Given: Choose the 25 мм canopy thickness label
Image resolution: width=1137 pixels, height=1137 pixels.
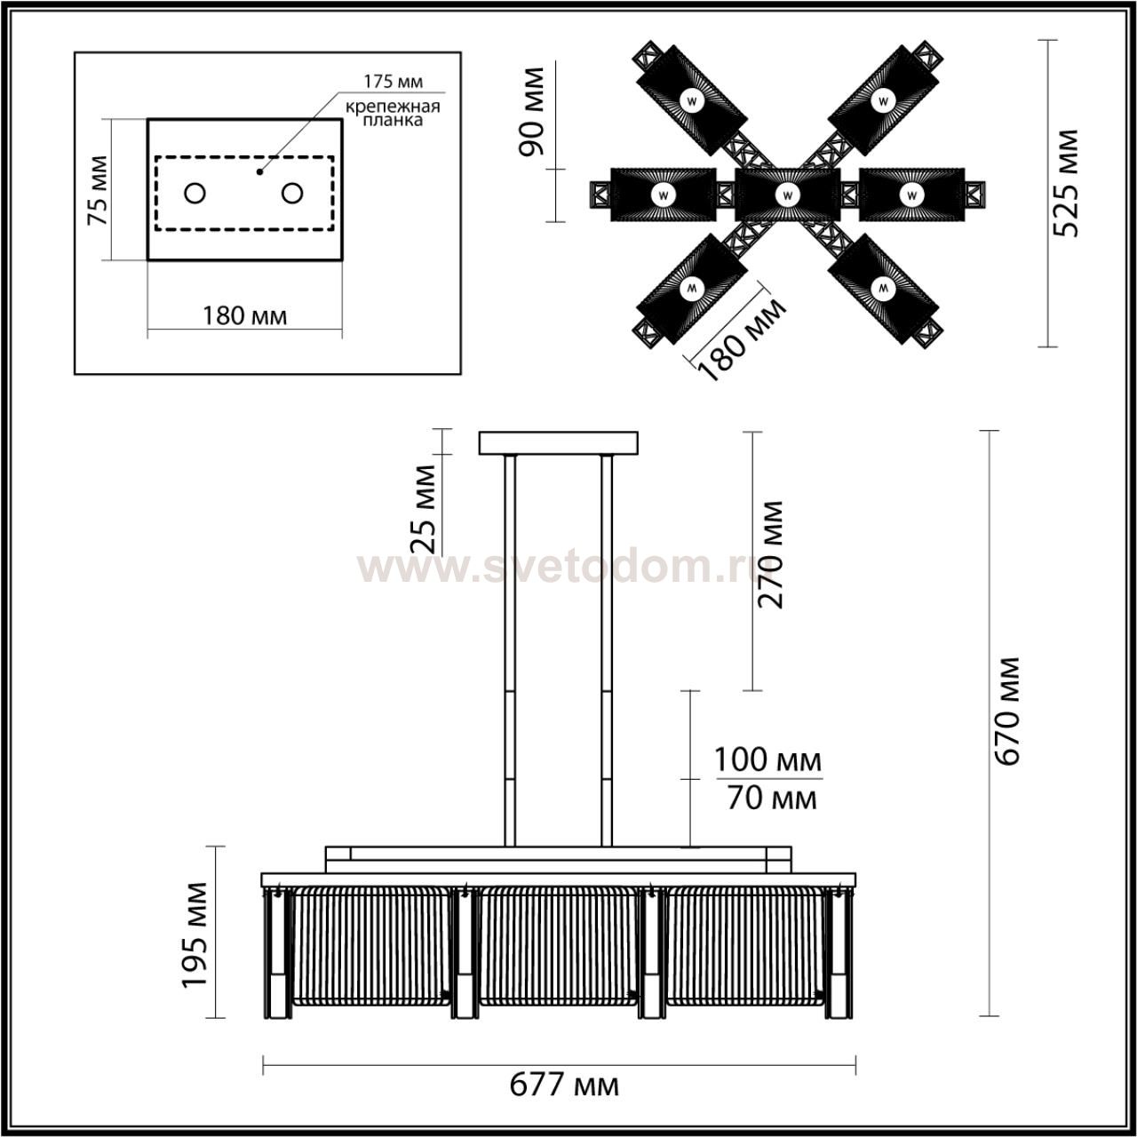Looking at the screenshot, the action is pos(423,509).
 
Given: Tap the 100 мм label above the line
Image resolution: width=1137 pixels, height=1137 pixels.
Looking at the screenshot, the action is pos(767,760).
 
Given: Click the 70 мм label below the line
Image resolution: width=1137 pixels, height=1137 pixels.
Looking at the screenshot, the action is pos(772,799).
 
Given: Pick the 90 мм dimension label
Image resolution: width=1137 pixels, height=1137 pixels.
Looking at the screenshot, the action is pos(531,112).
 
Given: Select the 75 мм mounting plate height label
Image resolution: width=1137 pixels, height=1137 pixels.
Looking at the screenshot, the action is pos(98,190).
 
